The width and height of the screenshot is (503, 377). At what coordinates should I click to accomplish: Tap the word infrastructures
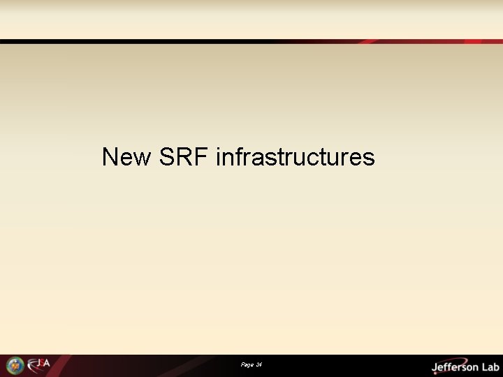pyautogui.click(x=296, y=157)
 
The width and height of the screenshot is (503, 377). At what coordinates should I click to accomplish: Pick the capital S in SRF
pyautogui.click(x=168, y=157)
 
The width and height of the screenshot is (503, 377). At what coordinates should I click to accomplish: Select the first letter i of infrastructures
pyautogui.click(x=219, y=157)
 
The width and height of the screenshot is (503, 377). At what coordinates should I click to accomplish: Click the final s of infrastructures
pyautogui.click(x=369, y=159)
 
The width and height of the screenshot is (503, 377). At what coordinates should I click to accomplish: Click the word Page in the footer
pyautogui.click(x=247, y=365)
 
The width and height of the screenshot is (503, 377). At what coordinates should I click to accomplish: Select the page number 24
pyautogui.click(x=258, y=365)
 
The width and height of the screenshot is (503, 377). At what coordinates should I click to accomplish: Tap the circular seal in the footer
pyautogui.click(x=15, y=365)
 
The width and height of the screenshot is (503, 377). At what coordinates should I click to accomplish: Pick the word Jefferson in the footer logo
pyautogui.click(x=455, y=366)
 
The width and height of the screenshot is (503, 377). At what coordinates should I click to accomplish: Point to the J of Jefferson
pyautogui.click(x=435, y=367)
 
